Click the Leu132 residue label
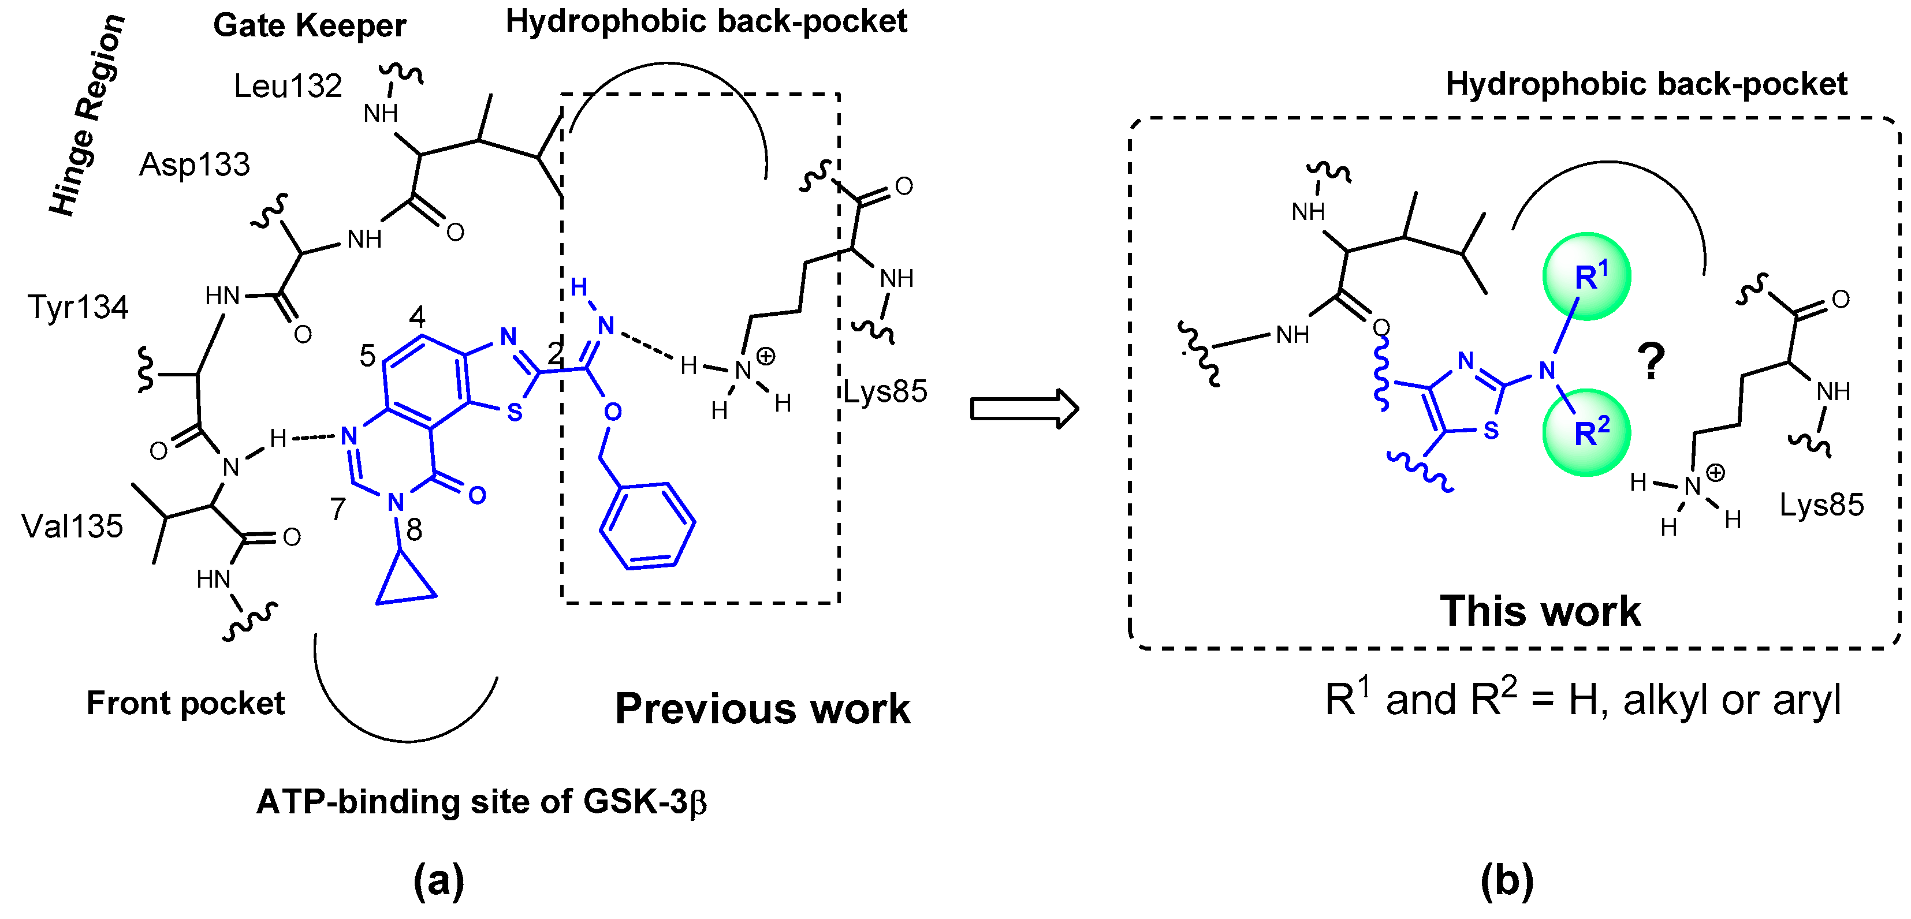point(287,87)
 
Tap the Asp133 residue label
point(195,165)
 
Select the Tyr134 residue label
point(77,307)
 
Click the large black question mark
point(1651,361)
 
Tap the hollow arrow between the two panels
point(1024,409)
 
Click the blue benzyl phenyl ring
point(647,526)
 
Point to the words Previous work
point(762,708)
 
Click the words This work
point(1540,611)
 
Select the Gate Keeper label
point(310,26)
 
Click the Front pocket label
point(185,703)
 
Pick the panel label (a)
point(438,880)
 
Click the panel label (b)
point(1506,880)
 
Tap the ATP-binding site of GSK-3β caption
point(480,802)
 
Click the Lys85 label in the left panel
point(885,391)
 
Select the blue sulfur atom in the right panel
point(1491,430)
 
